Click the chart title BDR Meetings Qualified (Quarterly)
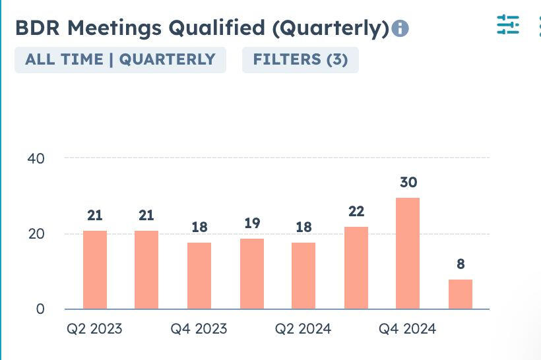202,28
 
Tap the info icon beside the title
400,29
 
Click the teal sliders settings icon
508,24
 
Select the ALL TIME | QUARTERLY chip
120,59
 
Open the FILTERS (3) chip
300,59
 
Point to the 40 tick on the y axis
36,158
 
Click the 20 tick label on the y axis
36,234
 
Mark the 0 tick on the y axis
40,309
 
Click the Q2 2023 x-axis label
94,328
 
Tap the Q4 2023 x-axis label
199,328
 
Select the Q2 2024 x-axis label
303,328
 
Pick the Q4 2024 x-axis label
407,328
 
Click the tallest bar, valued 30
408,253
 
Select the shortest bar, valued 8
461,294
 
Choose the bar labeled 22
356,268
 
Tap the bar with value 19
252,274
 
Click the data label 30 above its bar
408,183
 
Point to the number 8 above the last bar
461,264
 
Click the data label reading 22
356,212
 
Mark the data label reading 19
252,224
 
